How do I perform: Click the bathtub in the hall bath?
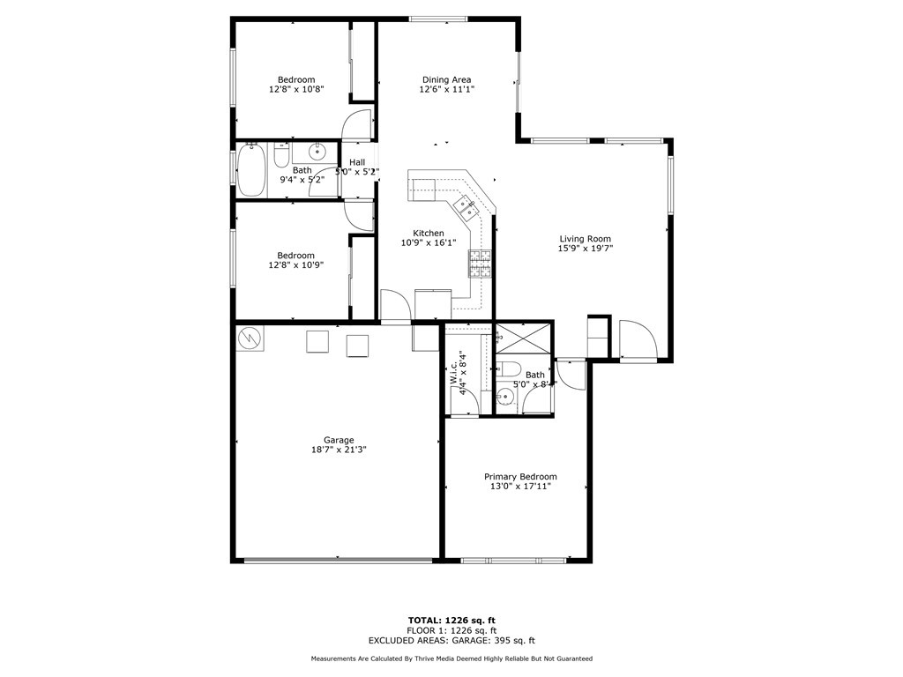click(x=250, y=170)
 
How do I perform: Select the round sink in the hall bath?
click(x=317, y=153)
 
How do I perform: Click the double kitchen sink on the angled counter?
click(x=465, y=208)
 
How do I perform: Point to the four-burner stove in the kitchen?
click(x=480, y=263)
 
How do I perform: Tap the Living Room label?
click(x=585, y=239)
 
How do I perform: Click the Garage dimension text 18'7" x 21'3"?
click(x=339, y=450)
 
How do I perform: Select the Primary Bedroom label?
click(x=520, y=476)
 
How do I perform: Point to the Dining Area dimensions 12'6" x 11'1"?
click(x=445, y=89)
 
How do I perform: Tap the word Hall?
click(x=357, y=162)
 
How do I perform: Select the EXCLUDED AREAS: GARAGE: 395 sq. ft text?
click(x=451, y=641)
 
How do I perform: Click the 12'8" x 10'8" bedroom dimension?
click(x=296, y=89)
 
